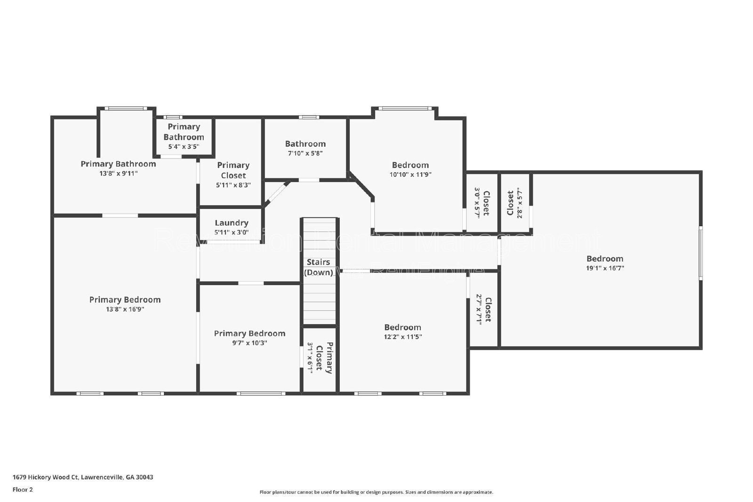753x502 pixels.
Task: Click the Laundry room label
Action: click(x=231, y=223)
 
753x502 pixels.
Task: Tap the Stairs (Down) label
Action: click(x=319, y=267)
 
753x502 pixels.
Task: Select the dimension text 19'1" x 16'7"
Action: click(x=605, y=268)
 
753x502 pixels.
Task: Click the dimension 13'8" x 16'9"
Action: click(x=125, y=309)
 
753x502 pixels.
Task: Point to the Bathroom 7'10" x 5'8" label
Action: click(x=305, y=144)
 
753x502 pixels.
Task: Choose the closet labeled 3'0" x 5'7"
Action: click(x=481, y=203)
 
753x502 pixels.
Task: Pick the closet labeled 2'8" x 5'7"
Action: click(x=515, y=203)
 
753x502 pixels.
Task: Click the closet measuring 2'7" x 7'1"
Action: click(x=483, y=309)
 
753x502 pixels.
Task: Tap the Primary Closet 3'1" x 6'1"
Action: click(x=320, y=358)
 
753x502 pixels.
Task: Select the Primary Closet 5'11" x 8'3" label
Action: click(x=233, y=170)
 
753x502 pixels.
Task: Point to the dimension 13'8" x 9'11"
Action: click(x=118, y=174)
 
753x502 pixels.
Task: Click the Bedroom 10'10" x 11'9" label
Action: click(x=410, y=165)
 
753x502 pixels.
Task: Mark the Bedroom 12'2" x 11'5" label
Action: click(x=402, y=327)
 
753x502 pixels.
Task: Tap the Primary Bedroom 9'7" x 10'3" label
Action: click(x=249, y=334)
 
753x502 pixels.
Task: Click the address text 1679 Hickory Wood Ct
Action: click(x=83, y=477)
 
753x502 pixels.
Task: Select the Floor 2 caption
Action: click(x=23, y=489)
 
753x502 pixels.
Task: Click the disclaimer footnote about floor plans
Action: click(x=376, y=492)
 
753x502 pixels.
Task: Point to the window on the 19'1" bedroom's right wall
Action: click(x=700, y=253)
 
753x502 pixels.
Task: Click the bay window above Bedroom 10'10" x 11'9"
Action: click(x=405, y=109)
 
